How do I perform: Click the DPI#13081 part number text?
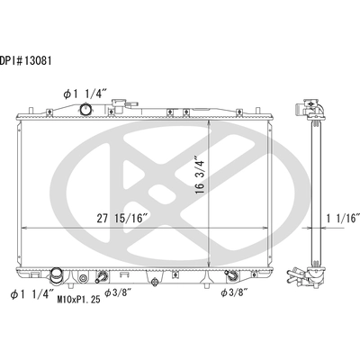click(x=26, y=61)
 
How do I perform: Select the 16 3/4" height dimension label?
click(x=200, y=175)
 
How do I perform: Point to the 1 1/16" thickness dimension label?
click(x=343, y=219)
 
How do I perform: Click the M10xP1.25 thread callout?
click(x=78, y=299)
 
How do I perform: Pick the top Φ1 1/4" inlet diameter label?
click(x=85, y=94)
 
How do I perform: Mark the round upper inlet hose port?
click(x=86, y=109)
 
